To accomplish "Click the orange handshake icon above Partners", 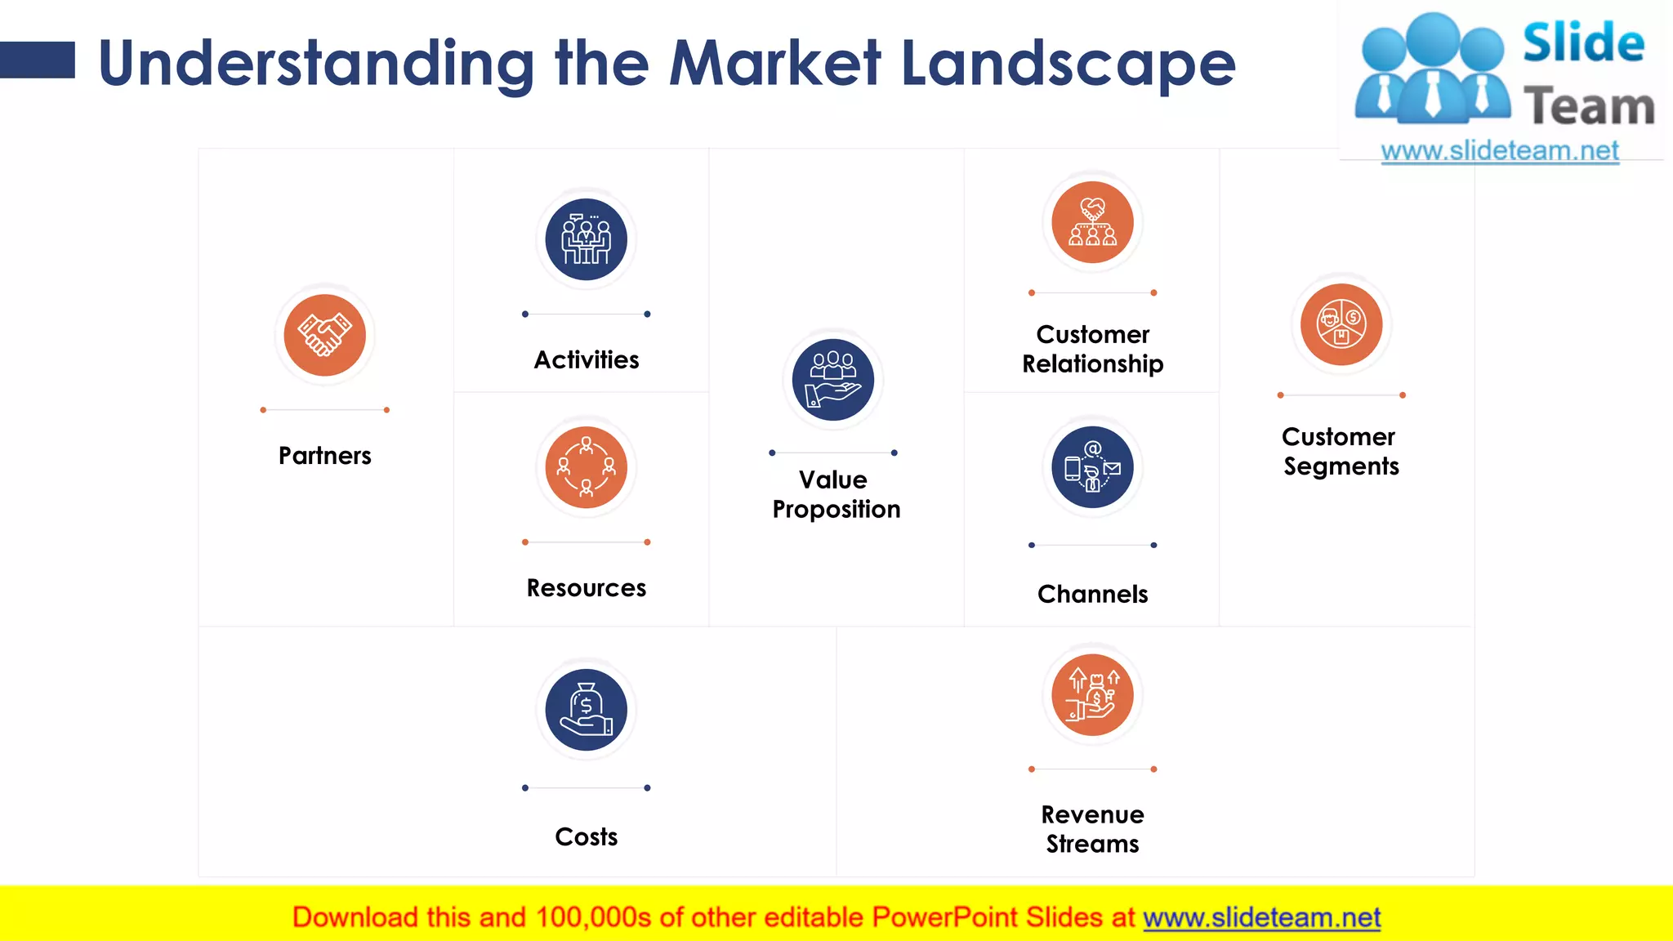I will click(x=324, y=335).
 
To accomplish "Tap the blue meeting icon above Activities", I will click(x=586, y=239).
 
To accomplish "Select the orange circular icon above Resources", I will click(x=586, y=467).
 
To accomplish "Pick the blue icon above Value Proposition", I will click(x=832, y=380).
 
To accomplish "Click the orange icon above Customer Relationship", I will click(x=1092, y=222).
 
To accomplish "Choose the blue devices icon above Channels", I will click(x=1092, y=467).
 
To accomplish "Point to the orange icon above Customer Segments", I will click(x=1341, y=324).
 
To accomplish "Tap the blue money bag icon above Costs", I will click(x=586, y=709).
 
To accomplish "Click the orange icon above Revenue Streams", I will click(x=1092, y=695).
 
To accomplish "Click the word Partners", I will click(x=324, y=456).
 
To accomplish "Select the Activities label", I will click(x=586, y=360).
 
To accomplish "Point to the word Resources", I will click(x=586, y=588).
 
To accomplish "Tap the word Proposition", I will click(x=836, y=510).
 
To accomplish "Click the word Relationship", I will click(x=1092, y=364).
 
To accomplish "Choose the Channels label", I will click(x=1092, y=595).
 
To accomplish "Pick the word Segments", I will click(x=1341, y=466).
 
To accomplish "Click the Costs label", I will click(x=586, y=837).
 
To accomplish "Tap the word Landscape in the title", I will click(x=1068, y=64).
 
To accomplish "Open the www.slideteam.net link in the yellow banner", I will click(x=1261, y=918).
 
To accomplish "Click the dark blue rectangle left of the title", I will click(x=38, y=60).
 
